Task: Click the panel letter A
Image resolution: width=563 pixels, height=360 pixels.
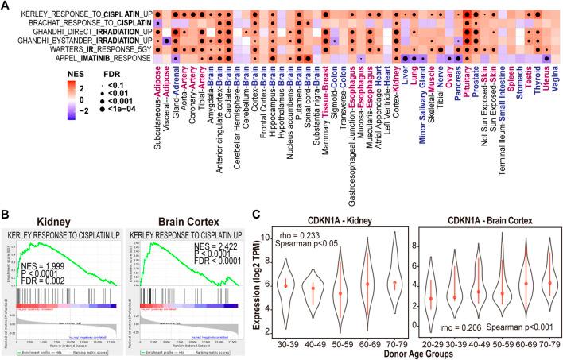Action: (x=6, y=6)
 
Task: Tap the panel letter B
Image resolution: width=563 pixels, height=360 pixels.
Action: (x=6, y=190)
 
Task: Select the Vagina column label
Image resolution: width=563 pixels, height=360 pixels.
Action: (x=555, y=79)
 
